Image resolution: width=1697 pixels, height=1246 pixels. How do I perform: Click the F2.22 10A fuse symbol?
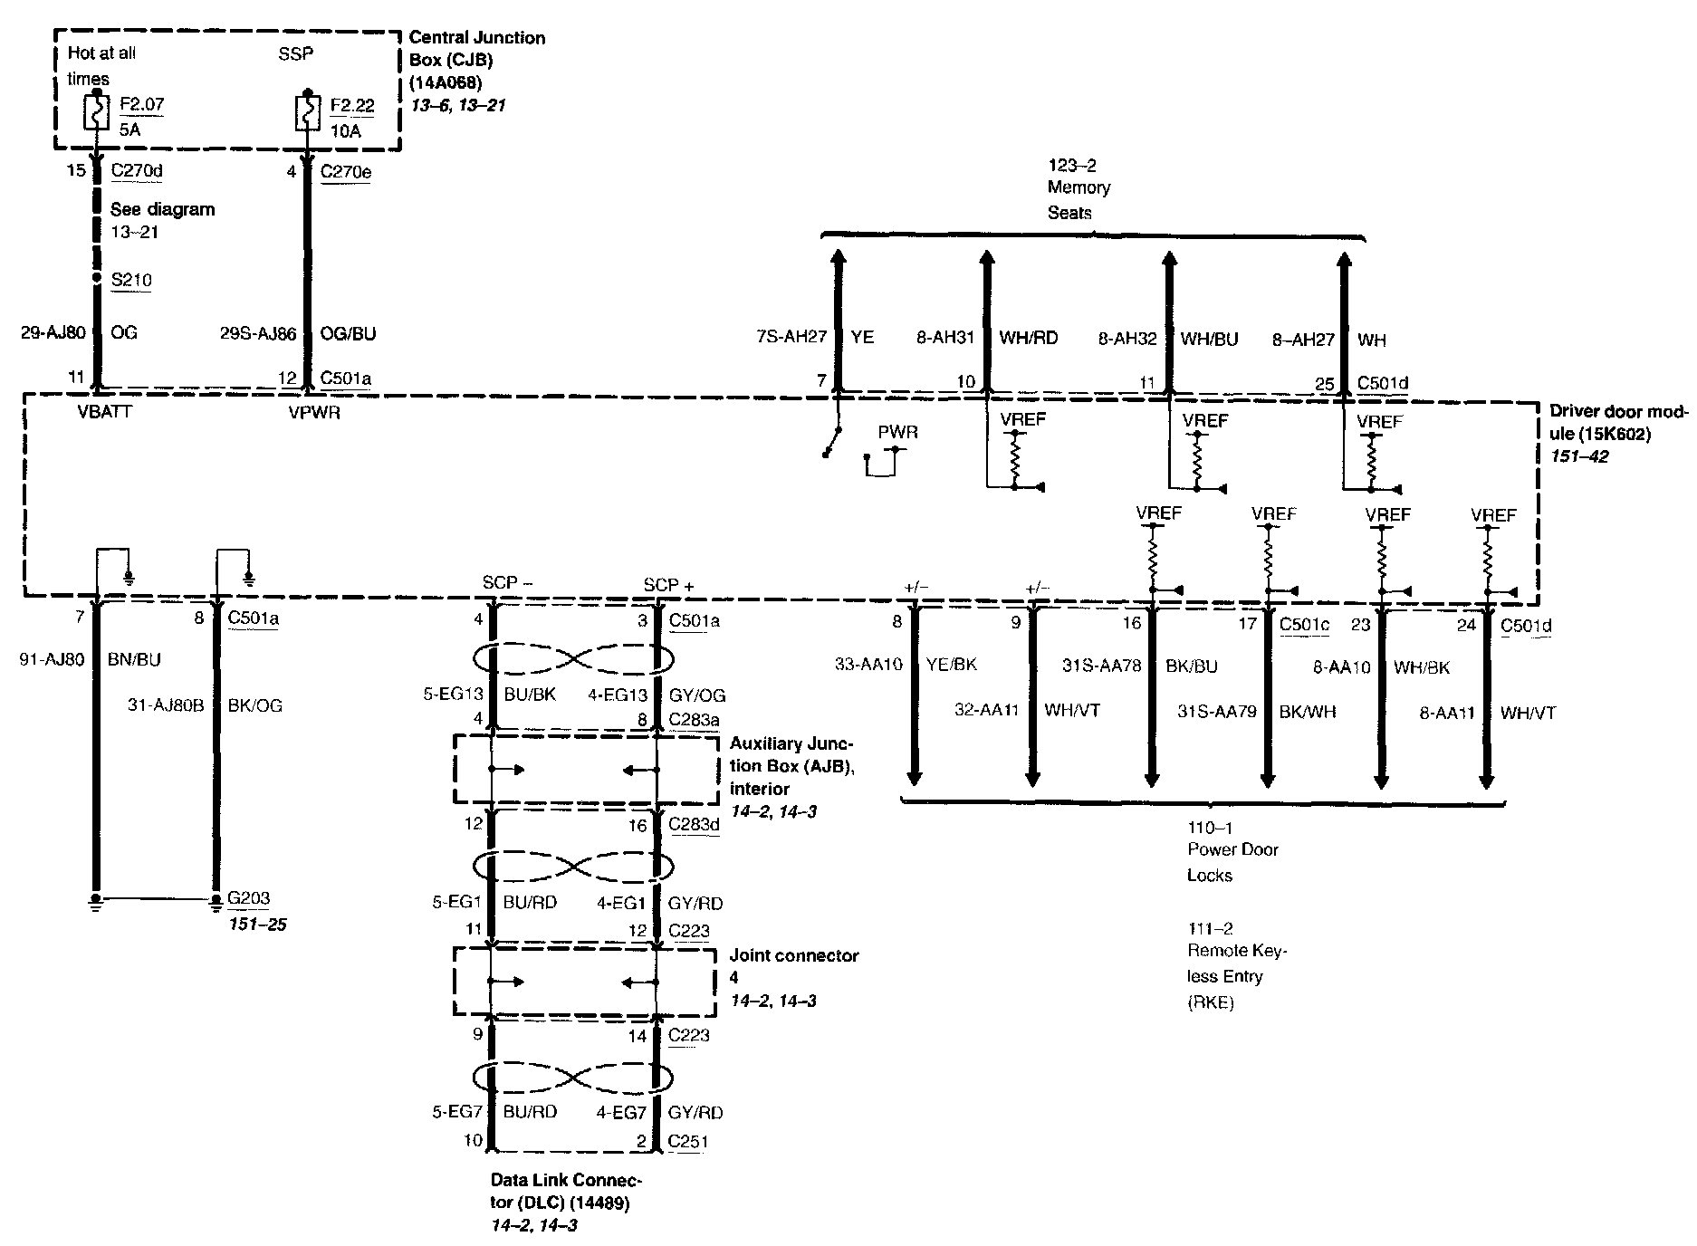(308, 115)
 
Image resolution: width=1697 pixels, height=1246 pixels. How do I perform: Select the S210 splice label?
(131, 280)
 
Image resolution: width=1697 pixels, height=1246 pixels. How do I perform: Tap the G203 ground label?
(248, 898)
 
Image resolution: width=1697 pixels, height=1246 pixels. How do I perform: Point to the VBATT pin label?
(105, 413)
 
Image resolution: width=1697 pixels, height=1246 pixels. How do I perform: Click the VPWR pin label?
(314, 413)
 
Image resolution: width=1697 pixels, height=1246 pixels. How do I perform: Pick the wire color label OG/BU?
(348, 333)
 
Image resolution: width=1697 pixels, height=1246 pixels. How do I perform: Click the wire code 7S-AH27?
(791, 337)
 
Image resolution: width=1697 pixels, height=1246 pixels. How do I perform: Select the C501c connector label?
(1304, 624)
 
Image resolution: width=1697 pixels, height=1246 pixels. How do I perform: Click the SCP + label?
(668, 585)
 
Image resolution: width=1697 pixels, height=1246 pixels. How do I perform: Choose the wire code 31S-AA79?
(1217, 712)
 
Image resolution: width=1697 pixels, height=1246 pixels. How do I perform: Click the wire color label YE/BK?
(951, 664)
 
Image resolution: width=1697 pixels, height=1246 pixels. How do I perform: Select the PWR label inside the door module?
(897, 432)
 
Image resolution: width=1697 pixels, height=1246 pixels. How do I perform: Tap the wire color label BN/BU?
(134, 659)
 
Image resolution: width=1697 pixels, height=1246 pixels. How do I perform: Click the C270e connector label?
(346, 172)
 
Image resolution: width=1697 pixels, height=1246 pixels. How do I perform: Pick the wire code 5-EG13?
(453, 695)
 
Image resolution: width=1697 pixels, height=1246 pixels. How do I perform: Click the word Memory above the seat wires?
(1079, 187)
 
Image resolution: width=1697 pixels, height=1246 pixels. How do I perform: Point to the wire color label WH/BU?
(1209, 339)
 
